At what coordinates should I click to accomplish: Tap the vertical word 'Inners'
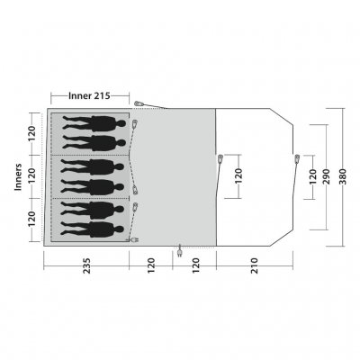18,176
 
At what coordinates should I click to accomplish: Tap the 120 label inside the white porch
238,176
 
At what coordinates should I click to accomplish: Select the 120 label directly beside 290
312,176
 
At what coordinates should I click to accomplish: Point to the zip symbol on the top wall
137,105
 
